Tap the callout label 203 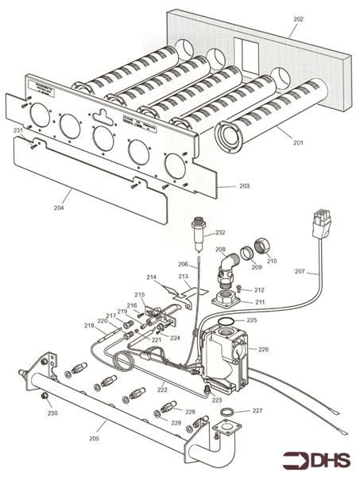point(245,185)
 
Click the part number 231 point(17,130)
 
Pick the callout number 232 point(220,233)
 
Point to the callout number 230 point(52,413)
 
